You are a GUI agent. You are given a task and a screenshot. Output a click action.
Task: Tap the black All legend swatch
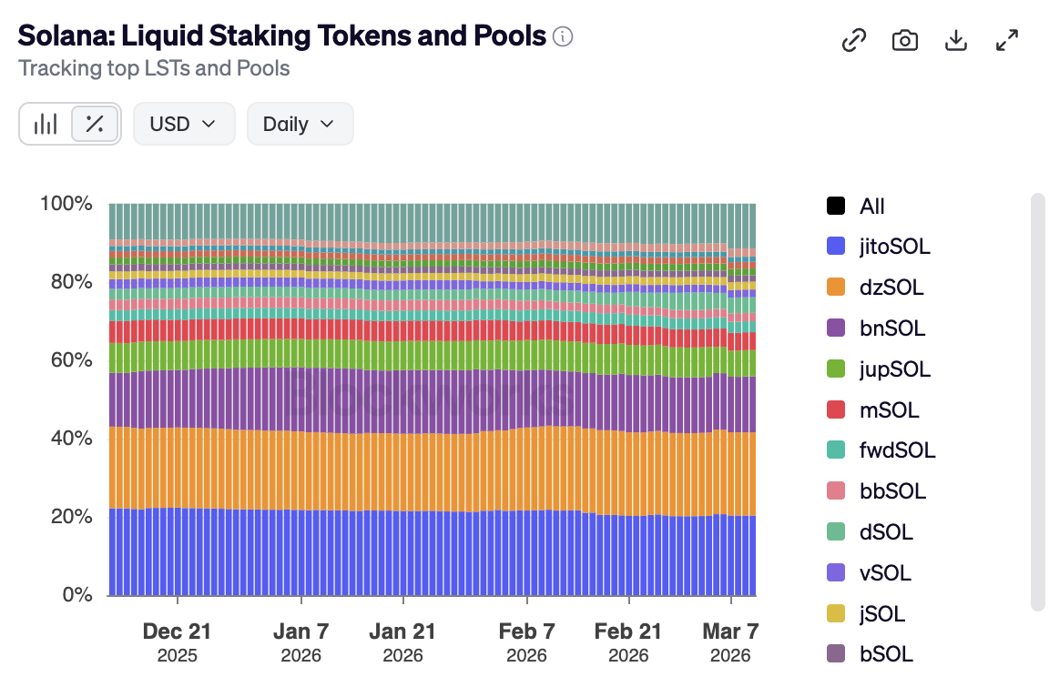[835, 207]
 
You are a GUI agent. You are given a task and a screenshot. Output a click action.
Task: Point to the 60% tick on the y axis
[66, 360]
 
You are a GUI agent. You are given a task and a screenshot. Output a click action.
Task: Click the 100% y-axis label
[66, 203]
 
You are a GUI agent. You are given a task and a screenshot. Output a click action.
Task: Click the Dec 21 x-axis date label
[178, 632]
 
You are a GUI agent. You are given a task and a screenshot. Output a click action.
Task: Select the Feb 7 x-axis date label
[526, 632]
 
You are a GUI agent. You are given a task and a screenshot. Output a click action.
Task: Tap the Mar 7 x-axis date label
[730, 632]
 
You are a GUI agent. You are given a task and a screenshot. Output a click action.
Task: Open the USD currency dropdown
[184, 124]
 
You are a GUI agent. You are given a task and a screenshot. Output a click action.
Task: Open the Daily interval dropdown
[300, 124]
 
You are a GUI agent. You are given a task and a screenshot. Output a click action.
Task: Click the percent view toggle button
[94, 124]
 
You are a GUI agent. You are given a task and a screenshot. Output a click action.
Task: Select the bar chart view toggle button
[46, 124]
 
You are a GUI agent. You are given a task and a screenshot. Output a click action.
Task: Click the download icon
[955, 40]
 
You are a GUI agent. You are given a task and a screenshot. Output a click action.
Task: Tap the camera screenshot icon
[904, 40]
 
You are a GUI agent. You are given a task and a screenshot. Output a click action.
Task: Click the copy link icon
[853, 40]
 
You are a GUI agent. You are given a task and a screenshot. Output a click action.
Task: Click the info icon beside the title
[564, 36]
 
